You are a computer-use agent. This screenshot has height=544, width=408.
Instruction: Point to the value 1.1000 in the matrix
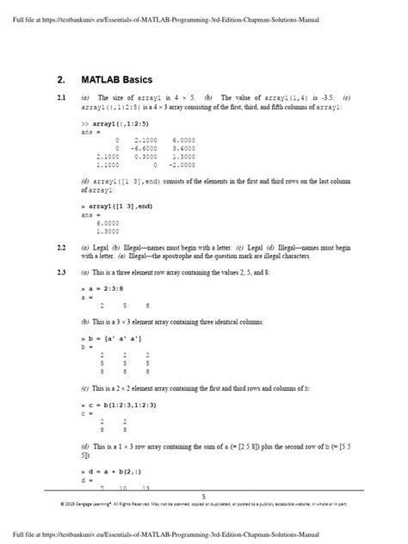point(108,164)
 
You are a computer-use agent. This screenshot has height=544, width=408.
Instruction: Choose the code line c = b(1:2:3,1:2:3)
point(125,404)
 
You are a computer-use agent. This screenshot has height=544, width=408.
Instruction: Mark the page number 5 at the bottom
point(203,497)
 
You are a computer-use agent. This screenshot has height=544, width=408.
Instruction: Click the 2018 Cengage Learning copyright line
point(204,504)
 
